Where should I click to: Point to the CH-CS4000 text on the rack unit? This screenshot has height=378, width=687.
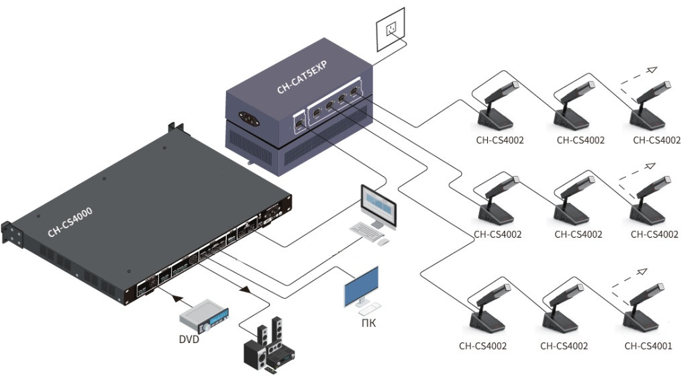tap(70, 222)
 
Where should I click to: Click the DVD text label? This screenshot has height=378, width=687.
tap(189, 340)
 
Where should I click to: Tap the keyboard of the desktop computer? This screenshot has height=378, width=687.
tap(367, 230)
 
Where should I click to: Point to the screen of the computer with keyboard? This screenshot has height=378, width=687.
tap(378, 202)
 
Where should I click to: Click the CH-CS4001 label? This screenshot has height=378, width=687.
tap(648, 346)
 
